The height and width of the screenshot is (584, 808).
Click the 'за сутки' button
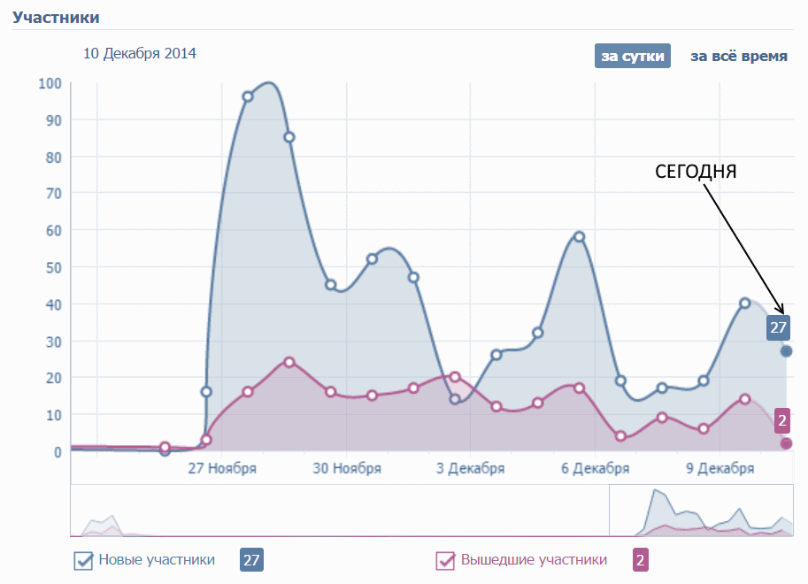tap(633, 56)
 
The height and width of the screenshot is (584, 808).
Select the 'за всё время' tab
tap(739, 56)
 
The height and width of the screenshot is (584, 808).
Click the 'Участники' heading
tap(56, 17)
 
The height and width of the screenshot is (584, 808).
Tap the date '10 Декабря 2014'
tap(140, 54)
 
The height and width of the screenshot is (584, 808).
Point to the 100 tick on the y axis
tap(50, 83)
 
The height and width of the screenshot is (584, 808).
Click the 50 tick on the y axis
tap(53, 267)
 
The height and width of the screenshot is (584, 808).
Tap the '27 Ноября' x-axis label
tap(222, 469)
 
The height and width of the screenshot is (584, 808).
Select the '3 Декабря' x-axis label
tap(471, 469)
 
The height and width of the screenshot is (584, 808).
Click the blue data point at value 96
tap(248, 96)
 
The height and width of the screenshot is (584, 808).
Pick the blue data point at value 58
tap(579, 237)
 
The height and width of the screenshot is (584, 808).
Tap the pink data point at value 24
tap(289, 362)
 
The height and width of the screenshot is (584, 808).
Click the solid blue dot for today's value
tap(786, 351)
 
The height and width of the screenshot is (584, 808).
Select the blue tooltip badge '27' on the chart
tap(778, 327)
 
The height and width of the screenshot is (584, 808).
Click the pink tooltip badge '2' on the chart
tap(782, 421)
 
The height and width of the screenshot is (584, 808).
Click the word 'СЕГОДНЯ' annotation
tap(696, 172)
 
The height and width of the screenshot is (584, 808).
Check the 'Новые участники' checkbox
tap(84, 560)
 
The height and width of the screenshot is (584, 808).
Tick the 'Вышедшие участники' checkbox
tap(446, 560)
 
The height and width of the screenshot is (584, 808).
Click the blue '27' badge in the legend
tap(252, 560)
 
